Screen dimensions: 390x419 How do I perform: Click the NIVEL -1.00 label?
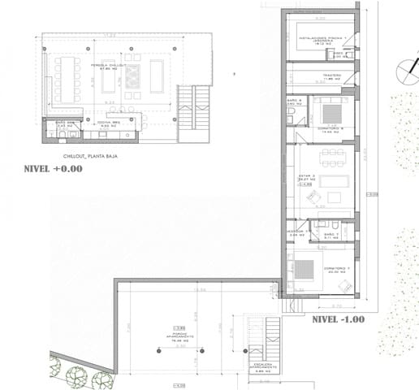point(338,319)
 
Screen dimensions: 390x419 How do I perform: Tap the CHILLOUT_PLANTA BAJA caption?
point(90,154)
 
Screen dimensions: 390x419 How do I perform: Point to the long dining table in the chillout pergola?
point(67,80)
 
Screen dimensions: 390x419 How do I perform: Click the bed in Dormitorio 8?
point(327,110)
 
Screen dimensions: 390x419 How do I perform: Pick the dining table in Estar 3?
point(331,158)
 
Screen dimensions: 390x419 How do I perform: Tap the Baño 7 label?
point(330,235)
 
